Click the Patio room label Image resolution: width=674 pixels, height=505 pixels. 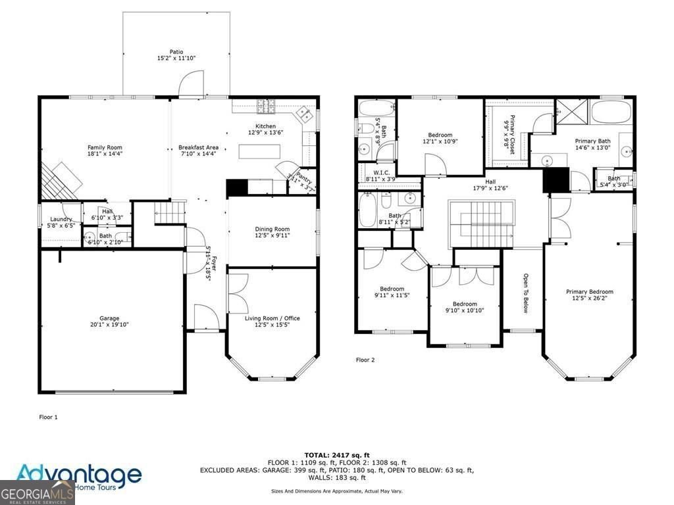(x=176, y=52)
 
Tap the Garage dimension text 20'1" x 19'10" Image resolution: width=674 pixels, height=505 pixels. (x=105, y=325)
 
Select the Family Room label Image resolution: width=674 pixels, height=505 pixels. (x=105, y=147)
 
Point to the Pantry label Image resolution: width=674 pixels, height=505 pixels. (x=303, y=176)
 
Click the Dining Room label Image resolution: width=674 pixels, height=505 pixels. (x=272, y=229)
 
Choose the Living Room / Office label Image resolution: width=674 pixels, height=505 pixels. (x=272, y=318)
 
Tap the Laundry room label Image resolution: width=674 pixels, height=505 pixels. (x=61, y=219)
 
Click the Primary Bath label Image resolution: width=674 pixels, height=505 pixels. (x=592, y=141)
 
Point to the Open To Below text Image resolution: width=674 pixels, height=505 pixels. (x=526, y=293)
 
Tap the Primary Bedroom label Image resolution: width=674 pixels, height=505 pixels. (x=589, y=292)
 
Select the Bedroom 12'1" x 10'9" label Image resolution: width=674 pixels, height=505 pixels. (x=440, y=135)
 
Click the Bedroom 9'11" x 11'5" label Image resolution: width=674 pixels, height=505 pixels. (x=392, y=289)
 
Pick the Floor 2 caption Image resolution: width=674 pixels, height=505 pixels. (x=365, y=360)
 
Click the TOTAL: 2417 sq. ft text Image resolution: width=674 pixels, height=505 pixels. (x=336, y=455)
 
